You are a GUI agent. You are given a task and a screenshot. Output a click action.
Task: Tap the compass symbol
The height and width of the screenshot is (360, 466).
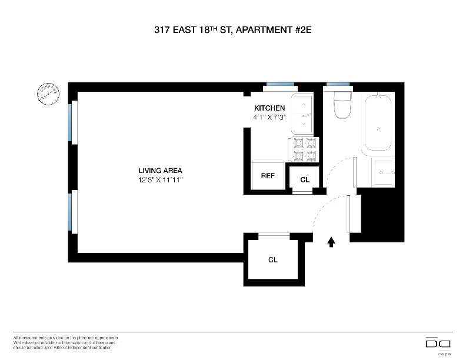pyautogui.click(x=48, y=94)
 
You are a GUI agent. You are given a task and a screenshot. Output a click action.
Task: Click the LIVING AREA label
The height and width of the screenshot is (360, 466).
pyautogui.click(x=157, y=171)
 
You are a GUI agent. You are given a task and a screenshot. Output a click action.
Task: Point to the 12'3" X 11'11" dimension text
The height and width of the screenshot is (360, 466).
pyautogui.click(x=157, y=180)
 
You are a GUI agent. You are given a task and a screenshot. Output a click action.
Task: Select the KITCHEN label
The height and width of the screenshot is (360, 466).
pyautogui.click(x=269, y=108)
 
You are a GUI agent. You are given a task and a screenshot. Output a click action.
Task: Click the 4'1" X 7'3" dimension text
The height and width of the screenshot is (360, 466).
pyautogui.click(x=269, y=117)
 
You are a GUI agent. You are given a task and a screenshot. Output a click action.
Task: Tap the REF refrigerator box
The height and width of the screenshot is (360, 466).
pyautogui.click(x=268, y=175)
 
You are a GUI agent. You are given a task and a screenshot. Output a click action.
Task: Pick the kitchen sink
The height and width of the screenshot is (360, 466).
pyautogui.click(x=304, y=114)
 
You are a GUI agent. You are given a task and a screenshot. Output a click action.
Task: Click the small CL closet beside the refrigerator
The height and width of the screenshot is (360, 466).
pyautogui.click(x=305, y=179)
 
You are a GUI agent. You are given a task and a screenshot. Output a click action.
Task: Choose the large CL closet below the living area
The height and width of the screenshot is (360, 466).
pyautogui.click(x=273, y=259)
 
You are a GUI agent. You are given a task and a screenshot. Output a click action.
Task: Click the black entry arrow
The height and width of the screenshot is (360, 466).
pyautogui.click(x=331, y=241)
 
